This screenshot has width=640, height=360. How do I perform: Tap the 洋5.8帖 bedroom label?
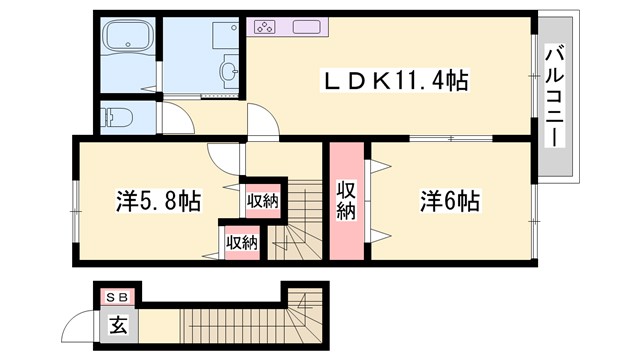pos(157,201)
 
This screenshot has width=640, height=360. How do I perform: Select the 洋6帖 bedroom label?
pos(449,200)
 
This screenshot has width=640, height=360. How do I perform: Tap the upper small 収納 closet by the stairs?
pos(263,201)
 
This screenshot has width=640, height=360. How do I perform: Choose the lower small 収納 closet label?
pos(242,241)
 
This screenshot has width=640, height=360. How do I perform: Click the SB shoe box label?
pos(117,297)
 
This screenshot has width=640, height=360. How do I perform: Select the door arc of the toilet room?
pos(172,117)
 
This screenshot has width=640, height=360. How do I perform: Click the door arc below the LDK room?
pos(261,124)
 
